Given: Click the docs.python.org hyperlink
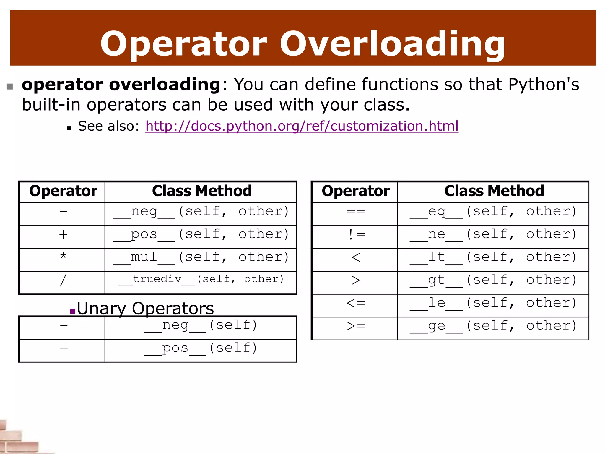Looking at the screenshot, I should pos(302,126).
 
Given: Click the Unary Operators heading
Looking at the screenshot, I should pos(145,309).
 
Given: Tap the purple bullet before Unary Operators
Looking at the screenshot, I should pos(72,311).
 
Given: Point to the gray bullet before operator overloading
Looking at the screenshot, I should pos(10,86).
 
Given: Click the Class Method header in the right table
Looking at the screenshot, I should pos(494,191).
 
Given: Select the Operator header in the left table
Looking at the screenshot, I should pos(63,191).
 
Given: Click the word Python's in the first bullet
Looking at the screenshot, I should pos(544,85).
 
